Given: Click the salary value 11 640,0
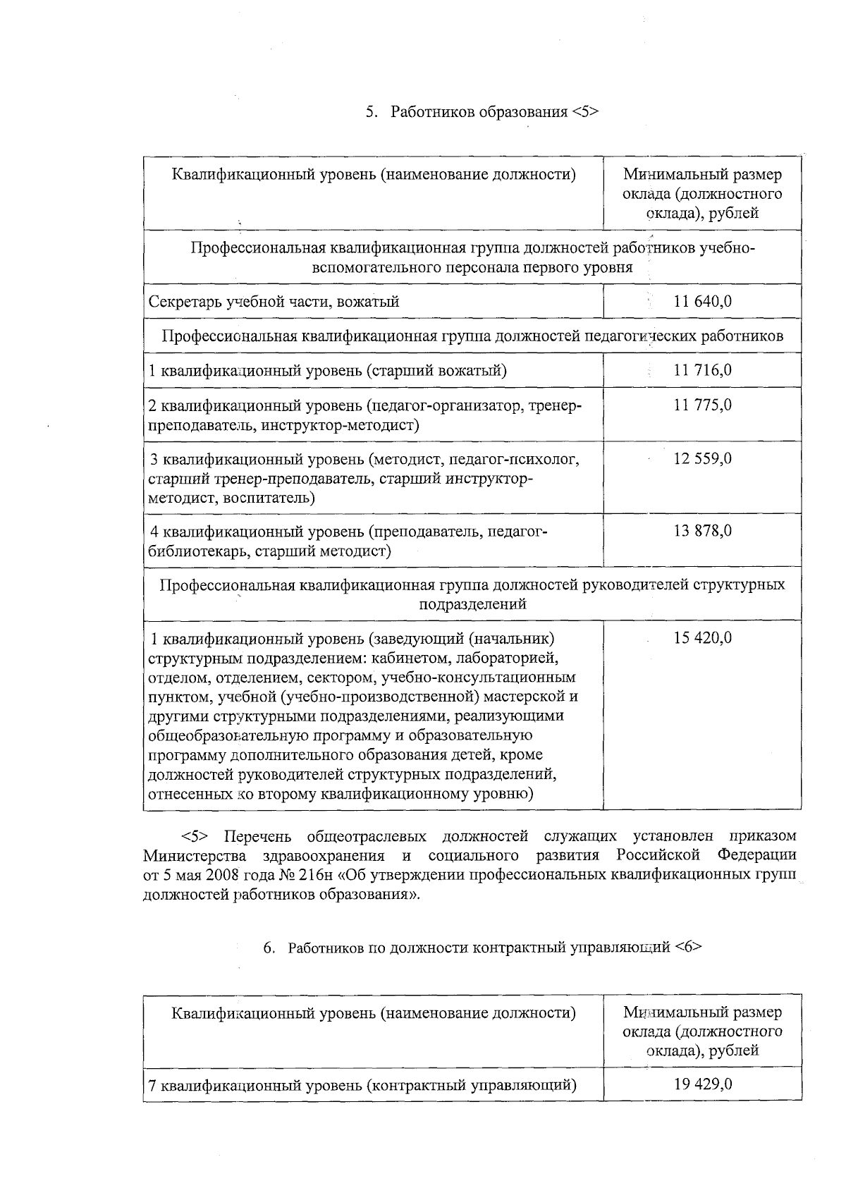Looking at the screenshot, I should coord(702,302).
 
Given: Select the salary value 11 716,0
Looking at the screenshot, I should coord(702,370).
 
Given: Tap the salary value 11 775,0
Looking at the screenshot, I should coord(702,405).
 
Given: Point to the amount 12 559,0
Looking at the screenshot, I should coord(702,459).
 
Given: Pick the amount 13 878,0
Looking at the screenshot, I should coord(702,531).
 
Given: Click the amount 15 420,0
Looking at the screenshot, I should coord(702,638).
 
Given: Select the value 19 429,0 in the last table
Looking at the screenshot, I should coord(702,1084).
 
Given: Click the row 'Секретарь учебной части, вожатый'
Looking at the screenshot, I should coord(274,302).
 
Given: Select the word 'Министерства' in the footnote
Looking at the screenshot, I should coord(195,856).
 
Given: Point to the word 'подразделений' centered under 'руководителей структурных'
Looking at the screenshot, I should coord(472,604).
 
